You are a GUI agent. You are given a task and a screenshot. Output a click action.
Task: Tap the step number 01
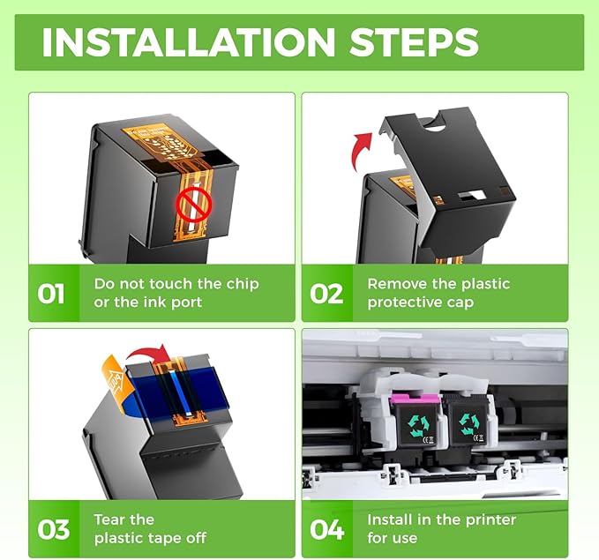[x=51, y=294]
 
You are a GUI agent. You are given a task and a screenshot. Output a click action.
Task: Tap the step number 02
[x=326, y=294]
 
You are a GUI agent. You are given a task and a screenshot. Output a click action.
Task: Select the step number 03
[x=54, y=529]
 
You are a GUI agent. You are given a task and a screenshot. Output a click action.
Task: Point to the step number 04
[x=326, y=529]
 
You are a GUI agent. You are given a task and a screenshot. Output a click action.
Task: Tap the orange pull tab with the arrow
[x=117, y=382]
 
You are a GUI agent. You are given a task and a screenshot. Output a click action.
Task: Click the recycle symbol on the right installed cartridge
[x=468, y=423]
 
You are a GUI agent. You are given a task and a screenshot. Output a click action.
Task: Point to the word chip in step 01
[x=243, y=284]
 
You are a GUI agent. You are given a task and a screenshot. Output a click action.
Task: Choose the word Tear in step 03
[x=109, y=519]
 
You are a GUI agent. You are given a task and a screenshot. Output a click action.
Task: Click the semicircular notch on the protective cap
[x=435, y=126]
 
